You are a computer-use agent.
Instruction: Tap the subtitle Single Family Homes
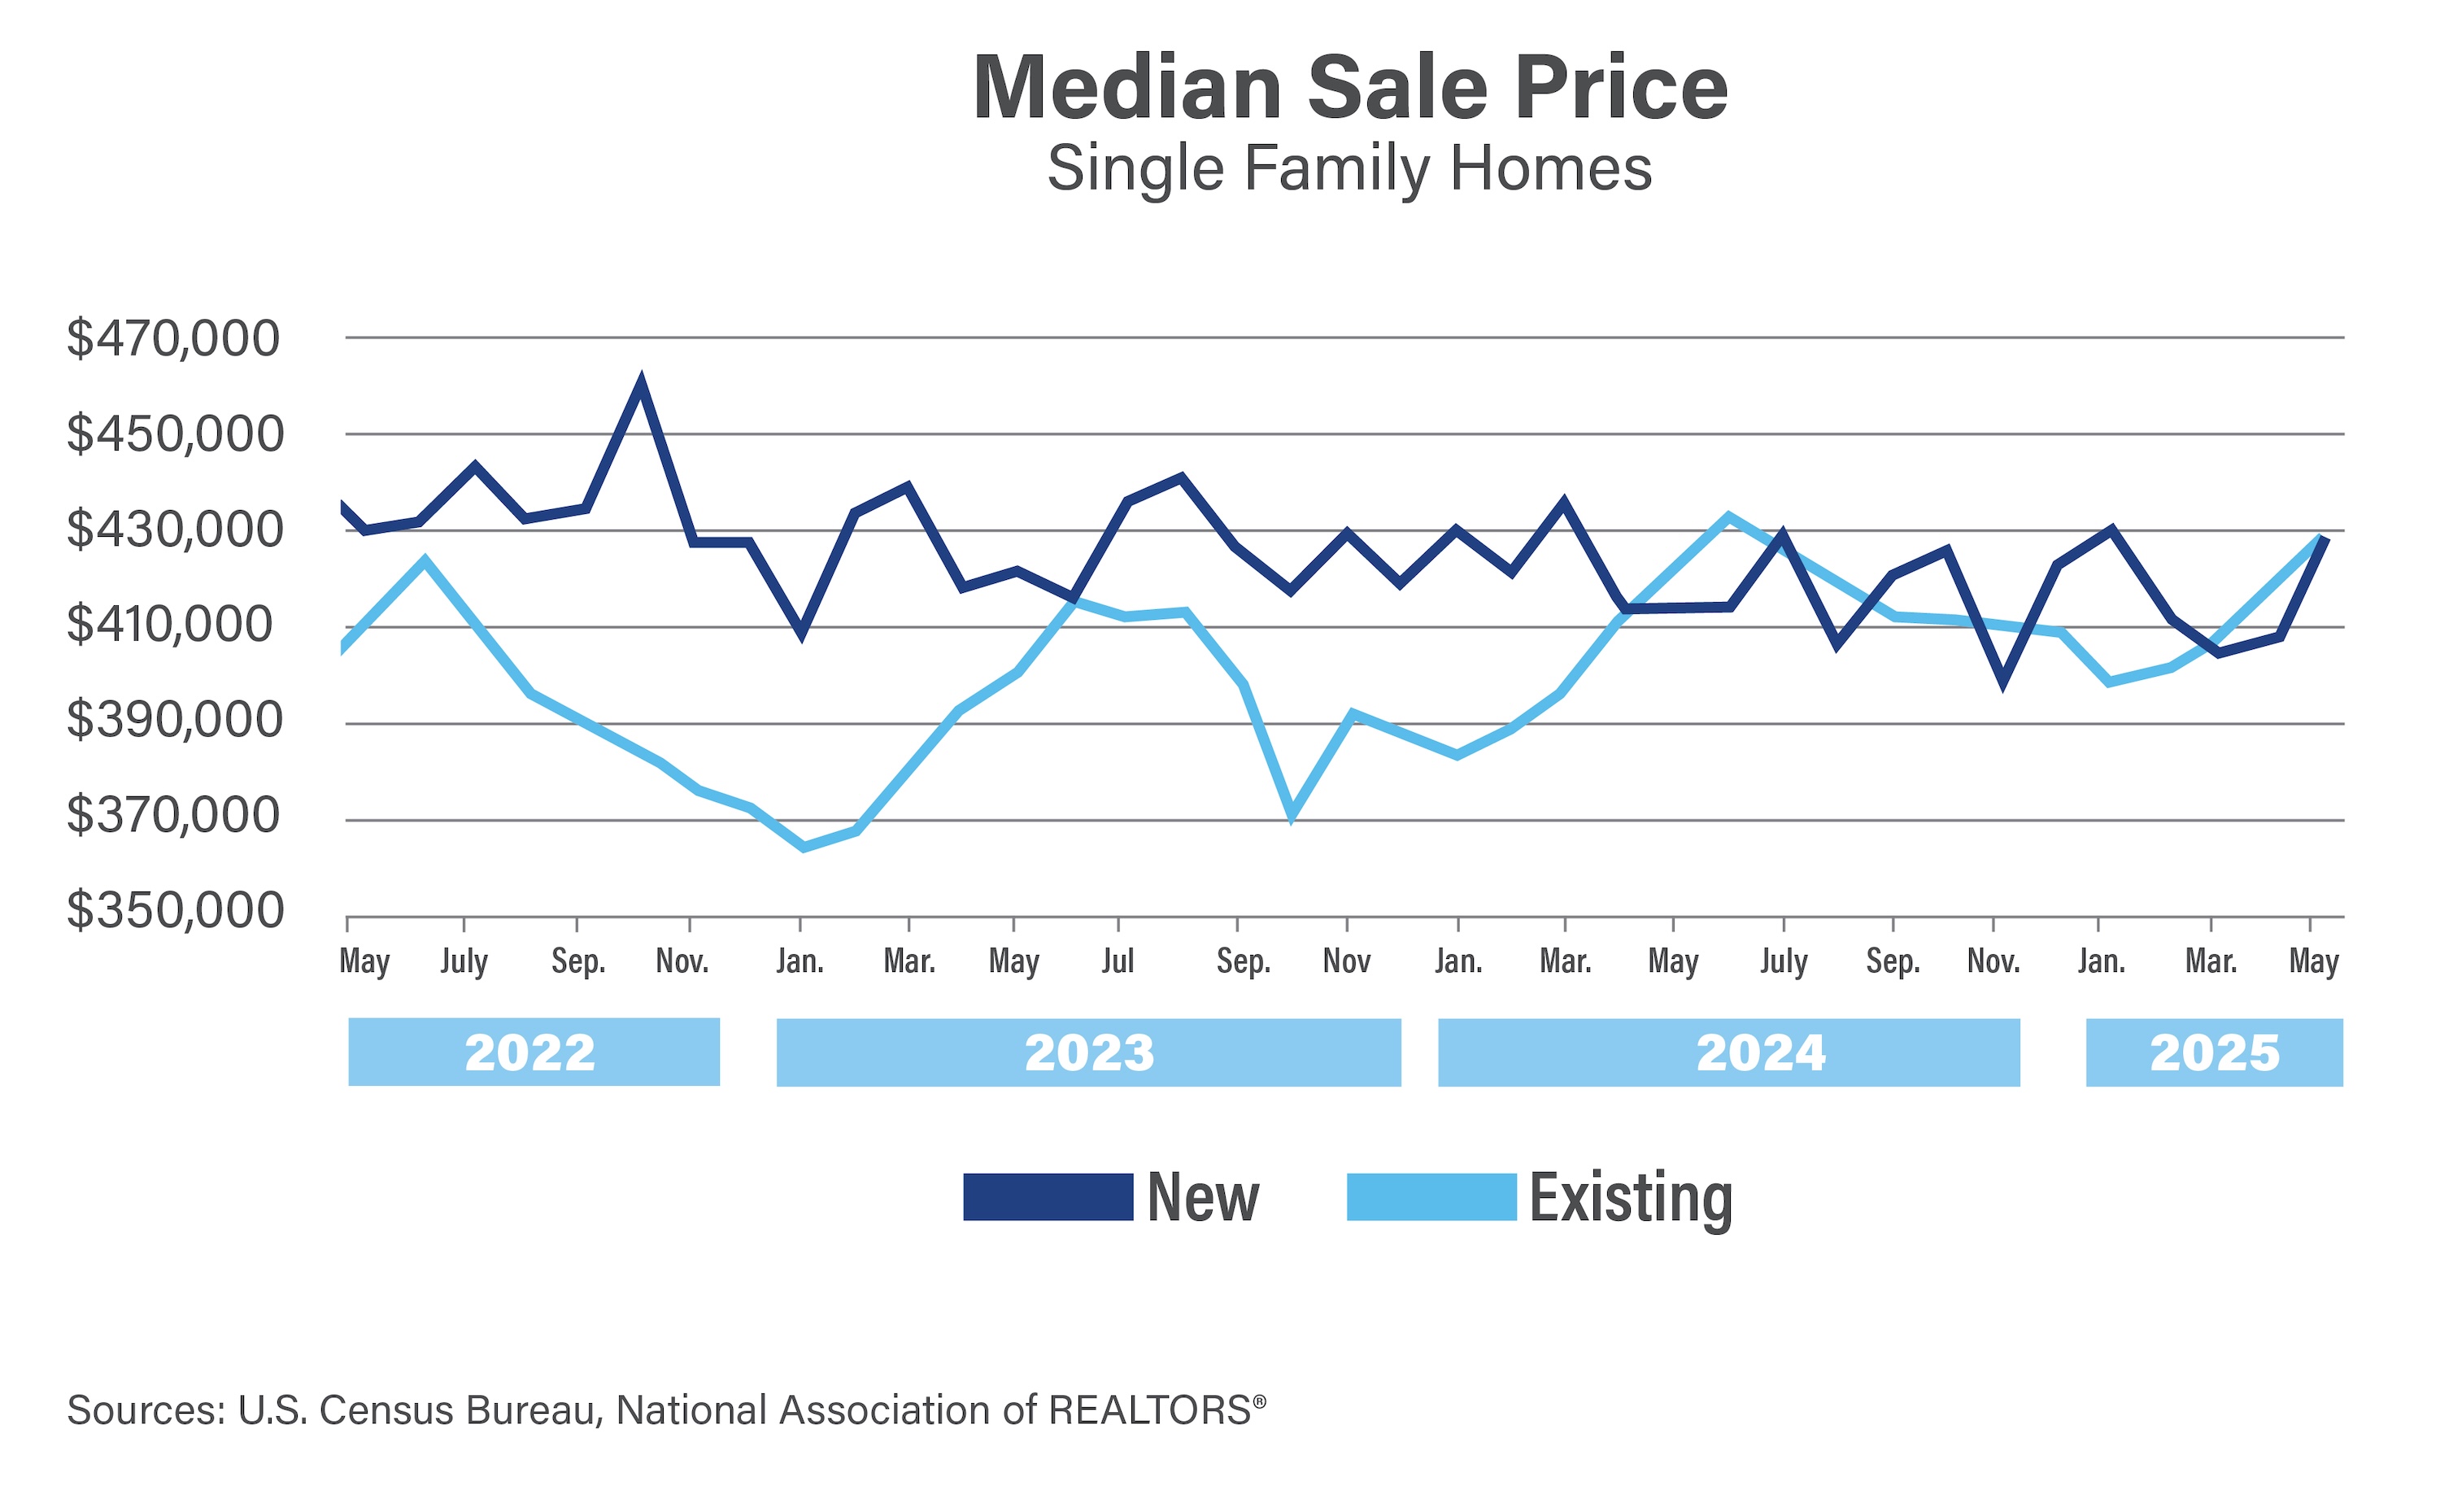(1349, 168)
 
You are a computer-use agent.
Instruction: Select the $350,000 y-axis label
(176, 911)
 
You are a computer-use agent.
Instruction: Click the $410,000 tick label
(169, 625)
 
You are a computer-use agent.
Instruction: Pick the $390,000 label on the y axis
(174, 720)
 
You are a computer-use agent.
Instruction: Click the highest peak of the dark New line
(641, 382)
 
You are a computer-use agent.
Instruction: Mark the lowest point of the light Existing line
(803, 848)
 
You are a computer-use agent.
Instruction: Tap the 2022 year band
(533, 1053)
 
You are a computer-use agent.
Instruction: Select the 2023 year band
(1088, 1053)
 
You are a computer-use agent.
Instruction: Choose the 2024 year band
(1728, 1053)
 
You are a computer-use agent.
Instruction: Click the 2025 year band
(2214, 1053)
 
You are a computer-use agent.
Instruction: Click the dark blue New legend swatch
(1048, 1197)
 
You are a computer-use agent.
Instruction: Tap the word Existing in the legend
(1630, 1198)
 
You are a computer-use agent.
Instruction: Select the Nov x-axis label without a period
(1346, 961)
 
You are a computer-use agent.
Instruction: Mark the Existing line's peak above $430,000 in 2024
(1728, 516)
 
